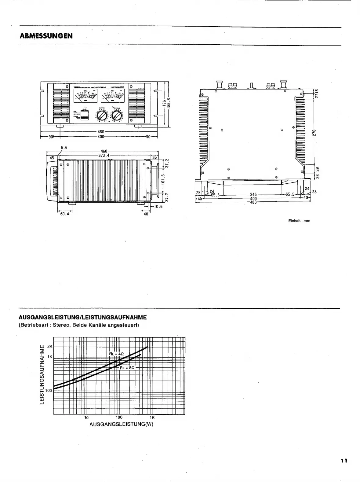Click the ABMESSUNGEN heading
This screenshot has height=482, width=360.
click(46, 36)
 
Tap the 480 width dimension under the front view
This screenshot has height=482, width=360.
click(101, 132)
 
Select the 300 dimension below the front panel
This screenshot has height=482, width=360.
click(101, 137)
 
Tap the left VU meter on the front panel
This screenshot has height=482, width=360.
click(86, 97)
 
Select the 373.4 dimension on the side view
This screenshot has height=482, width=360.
click(104, 155)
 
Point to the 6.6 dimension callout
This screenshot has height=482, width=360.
click(64, 148)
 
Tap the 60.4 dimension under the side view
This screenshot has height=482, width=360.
click(64, 214)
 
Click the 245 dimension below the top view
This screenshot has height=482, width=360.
click(253, 194)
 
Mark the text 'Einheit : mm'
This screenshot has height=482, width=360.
click(299, 221)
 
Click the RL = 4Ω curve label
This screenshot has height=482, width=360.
click(117, 354)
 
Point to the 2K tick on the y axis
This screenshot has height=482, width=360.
click(50, 347)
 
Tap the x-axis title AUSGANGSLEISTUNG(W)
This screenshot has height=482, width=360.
click(121, 425)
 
